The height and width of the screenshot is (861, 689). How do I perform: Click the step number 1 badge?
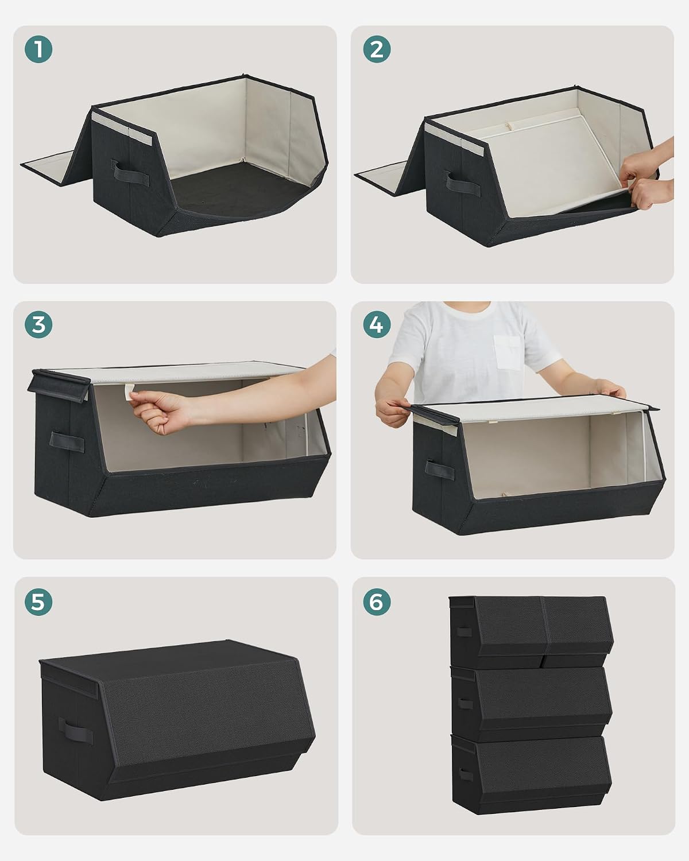(x=38, y=49)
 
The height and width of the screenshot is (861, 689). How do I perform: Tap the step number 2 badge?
(x=377, y=49)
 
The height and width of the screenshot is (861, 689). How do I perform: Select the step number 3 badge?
(x=38, y=324)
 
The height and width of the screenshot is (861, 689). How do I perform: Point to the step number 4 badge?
(x=377, y=324)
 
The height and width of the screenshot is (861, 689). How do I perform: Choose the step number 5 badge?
(x=38, y=602)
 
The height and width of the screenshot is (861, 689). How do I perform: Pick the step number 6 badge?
(x=377, y=602)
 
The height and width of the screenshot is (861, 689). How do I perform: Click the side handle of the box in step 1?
(x=130, y=172)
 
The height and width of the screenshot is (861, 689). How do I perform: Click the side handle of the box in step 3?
(x=67, y=442)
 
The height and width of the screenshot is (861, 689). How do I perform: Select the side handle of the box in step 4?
(x=440, y=470)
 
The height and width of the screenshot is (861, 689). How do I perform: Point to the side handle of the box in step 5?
(x=76, y=731)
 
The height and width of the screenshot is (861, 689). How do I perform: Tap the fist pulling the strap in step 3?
(x=160, y=412)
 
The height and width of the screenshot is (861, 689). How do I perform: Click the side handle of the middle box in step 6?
(x=465, y=703)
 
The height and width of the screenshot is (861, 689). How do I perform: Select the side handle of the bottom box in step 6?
(x=466, y=774)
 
